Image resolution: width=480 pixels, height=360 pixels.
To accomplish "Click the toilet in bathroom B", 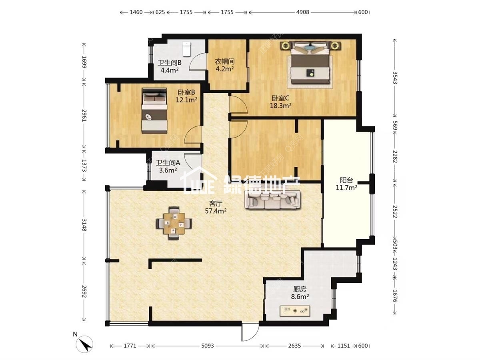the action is click(x=186, y=49).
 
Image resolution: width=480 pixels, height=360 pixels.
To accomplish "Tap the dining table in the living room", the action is click(x=174, y=223).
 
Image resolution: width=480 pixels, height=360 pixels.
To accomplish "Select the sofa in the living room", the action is click(x=272, y=200).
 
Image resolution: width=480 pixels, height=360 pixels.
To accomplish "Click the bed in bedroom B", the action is click(x=154, y=111).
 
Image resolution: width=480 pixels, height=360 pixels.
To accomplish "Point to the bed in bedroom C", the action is click(x=310, y=63).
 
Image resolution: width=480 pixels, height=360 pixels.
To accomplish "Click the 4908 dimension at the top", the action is click(x=303, y=12).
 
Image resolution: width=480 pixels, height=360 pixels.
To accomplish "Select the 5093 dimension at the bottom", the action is click(x=207, y=346).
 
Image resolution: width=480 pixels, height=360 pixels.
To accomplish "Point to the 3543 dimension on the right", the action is click(x=395, y=78).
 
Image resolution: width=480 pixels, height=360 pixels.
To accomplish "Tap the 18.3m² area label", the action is click(x=280, y=106).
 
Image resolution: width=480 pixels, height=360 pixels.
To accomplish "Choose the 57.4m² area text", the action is click(x=215, y=211).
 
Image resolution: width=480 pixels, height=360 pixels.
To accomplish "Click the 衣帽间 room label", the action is click(x=224, y=62).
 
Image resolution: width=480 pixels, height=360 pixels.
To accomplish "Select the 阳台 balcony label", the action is click(x=346, y=180).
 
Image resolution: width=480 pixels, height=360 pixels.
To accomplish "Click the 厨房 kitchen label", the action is click(x=300, y=289).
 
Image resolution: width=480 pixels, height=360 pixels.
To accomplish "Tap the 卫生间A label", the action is click(x=168, y=163).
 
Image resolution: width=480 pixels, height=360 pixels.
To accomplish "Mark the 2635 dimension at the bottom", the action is click(x=294, y=346).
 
